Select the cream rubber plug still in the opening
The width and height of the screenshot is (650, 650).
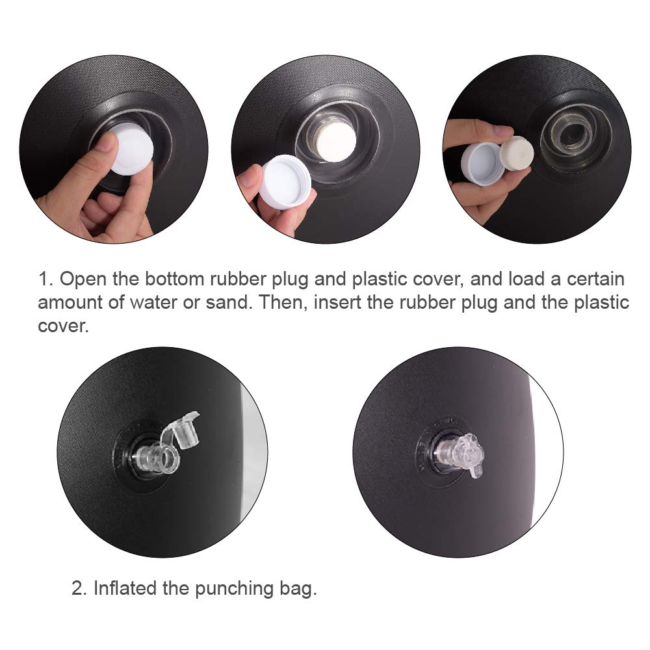coord(334,140)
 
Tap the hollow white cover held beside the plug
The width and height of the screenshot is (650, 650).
coord(483,162)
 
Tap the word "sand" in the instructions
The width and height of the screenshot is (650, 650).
coord(229,303)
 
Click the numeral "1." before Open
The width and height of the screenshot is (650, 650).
coord(45,279)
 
